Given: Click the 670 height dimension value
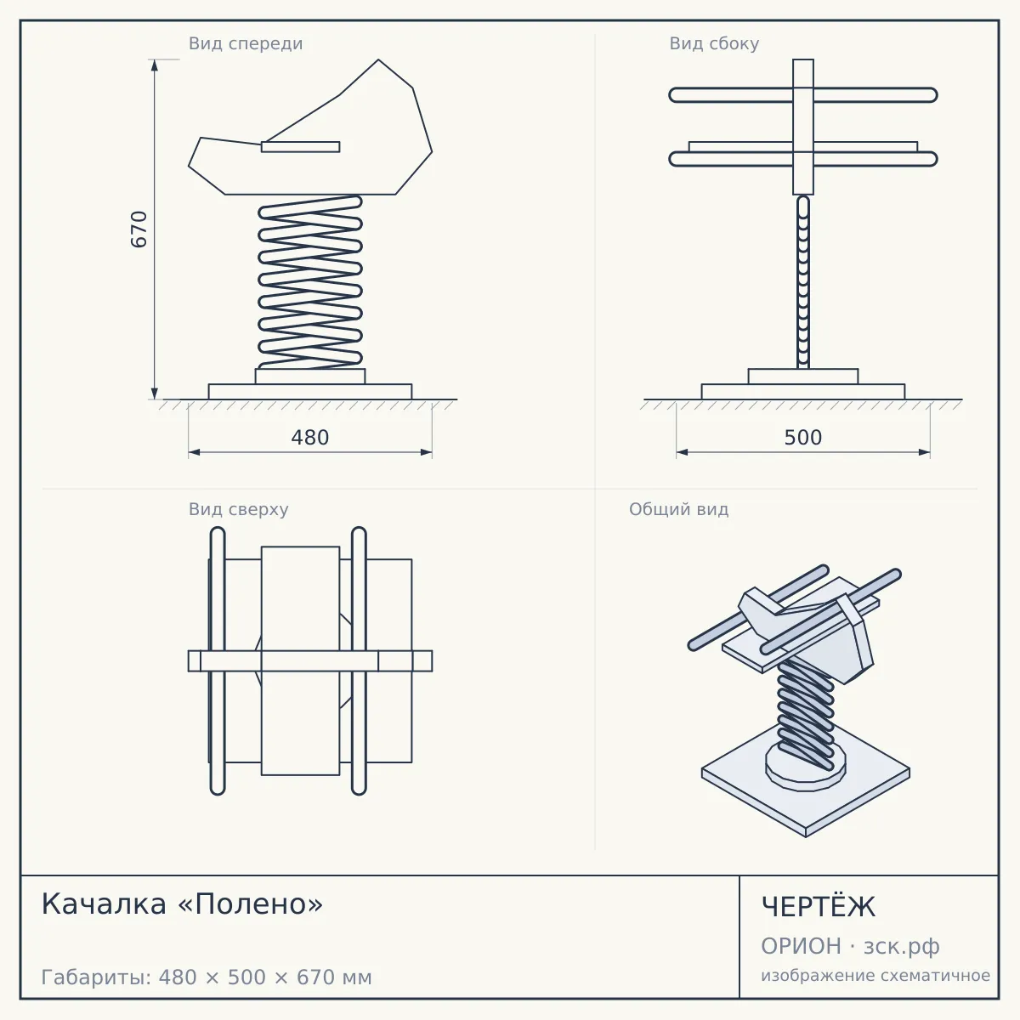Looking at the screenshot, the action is pos(139,229).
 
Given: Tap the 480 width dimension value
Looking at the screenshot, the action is pos(310,438).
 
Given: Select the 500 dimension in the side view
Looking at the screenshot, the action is pos(803,438).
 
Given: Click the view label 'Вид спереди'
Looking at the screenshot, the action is pos(246,43).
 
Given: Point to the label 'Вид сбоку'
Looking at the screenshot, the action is pos(714,43).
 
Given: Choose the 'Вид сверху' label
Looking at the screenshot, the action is pos(239,509).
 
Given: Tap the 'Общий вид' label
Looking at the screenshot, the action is pos(678,509).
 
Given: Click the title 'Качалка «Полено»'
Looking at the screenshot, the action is pos(182,904).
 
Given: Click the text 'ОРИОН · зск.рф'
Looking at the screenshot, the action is pos(850,946).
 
